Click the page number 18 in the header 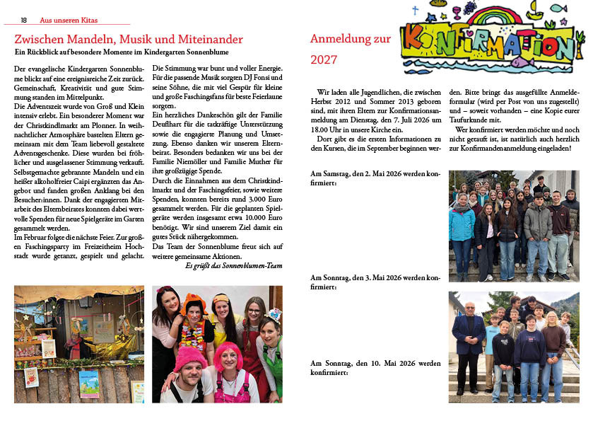pos(24,20)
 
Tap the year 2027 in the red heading pos(324,60)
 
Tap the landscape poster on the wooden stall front pos(89,383)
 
